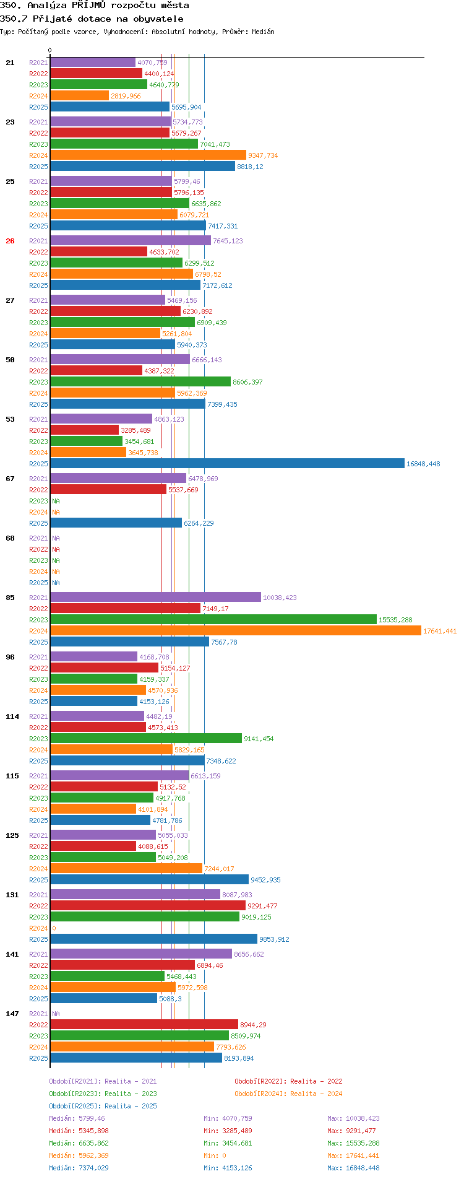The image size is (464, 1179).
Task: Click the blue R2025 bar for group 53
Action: pyautogui.click(x=227, y=463)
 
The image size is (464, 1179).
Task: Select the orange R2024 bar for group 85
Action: pyautogui.click(x=236, y=630)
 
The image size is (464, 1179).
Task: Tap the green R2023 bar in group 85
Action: pyautogui.click(x=213, y=619)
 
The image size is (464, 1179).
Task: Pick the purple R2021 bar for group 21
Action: pyautogui.click(x=93, y=62)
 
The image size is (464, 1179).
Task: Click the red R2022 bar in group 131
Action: pyautogui.click(x=148, y=905)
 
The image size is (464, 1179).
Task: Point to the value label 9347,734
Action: pyautogui.click(x=263, y=155)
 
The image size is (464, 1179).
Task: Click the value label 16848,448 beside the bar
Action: pyautogui.click(x=423, y=464)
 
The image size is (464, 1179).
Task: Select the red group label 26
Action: pyautogui.click(x=10, y=241)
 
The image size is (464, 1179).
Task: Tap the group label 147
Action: pyautogui.click(x=12, y=1014)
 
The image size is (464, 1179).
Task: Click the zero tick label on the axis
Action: pyautogui.click(x=50, y=50)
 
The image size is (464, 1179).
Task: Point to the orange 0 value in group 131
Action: pyautogui.click(x=54, y=928)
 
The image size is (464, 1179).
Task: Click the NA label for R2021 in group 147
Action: pyautogui.click(x=56, y=1014)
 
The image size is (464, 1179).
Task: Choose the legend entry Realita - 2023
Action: pyautogui.click(x=103, y=1094)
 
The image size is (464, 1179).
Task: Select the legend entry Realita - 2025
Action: pyautogui.click(x=103, y=1106)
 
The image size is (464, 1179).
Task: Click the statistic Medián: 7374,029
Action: pyautogui.click(x=79, y=1168)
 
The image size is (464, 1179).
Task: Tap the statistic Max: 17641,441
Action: pyautogui.click(x=353, y=1155)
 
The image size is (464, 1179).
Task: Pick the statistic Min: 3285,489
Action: pyautogui.click(x=228, y=1131)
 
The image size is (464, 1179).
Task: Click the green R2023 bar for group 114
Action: pyautogui.click(x=146, y=738)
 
